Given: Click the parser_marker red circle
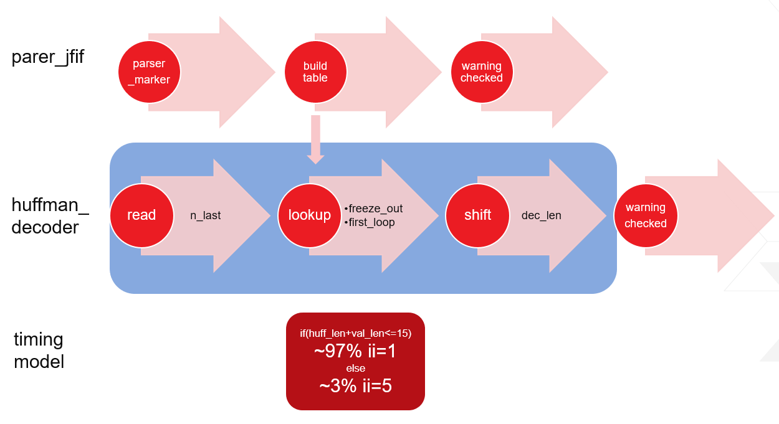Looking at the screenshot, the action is (149, 72).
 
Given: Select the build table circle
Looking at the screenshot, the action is (315, 72).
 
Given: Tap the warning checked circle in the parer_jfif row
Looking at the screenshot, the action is (482, 72).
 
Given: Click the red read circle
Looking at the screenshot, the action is (141, 215).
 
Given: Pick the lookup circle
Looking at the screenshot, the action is (309, 215).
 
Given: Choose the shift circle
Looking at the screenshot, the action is (477, 215).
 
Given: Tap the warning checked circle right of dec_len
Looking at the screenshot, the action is (646, 215).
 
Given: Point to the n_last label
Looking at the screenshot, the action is (205, 215).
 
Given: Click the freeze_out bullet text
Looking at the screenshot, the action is (373, 209).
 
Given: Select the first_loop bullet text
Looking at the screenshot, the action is (370, 222).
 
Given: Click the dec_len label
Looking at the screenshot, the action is (541, 215).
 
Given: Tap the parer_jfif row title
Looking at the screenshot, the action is (47, 57).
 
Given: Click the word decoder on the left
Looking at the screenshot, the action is (45, 228).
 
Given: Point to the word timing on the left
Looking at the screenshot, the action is (38, 340).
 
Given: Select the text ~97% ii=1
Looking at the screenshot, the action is (355, 351).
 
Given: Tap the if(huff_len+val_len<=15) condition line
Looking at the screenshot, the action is (355, 333).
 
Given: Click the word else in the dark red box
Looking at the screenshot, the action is (355, 368).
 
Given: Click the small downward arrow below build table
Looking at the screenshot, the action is (315, 139).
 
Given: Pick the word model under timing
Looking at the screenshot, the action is (39, 362).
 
